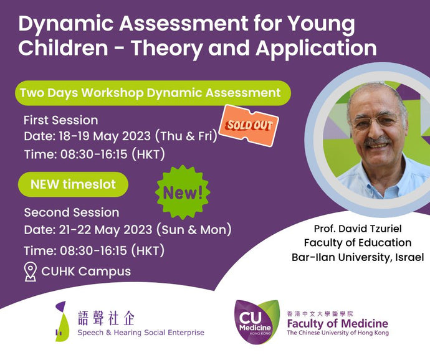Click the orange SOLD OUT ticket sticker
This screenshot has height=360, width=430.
(249, 125)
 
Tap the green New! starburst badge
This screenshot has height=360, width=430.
(183, 192)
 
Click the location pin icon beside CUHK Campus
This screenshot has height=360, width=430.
(30, 272)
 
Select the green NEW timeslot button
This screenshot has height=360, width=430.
(73, 184)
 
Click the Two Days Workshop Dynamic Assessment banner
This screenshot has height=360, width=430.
(153, 93)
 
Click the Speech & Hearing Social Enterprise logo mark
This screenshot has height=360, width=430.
(61, 321)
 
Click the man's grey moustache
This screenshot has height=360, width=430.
(379, 142)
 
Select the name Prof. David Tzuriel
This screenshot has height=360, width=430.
(358, 229)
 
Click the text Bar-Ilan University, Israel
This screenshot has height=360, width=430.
(358, 257)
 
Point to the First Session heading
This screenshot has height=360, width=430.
(60, 120)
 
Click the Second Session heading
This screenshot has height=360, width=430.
(72, 212)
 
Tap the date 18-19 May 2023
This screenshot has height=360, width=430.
(105, 136)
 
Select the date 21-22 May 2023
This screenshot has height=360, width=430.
(105, 230)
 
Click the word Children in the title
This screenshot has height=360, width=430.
(63, 48)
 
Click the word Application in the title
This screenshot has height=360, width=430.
(316, 49)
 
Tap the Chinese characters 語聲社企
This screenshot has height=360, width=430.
(106, 318)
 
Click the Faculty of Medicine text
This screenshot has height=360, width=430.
(338, 323)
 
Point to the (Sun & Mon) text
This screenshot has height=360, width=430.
(194, 230)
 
